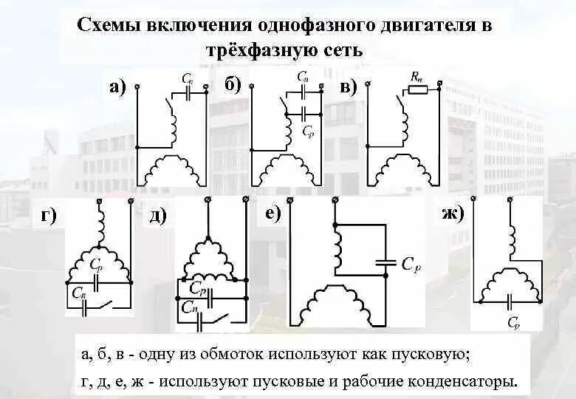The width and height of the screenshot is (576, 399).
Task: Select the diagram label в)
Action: [349, 87]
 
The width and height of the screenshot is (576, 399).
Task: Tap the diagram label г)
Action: [49, 216]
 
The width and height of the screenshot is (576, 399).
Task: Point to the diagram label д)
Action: [158, 216]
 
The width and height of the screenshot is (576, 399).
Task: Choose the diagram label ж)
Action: [451, 215]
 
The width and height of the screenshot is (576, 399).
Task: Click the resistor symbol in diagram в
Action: [417, 91]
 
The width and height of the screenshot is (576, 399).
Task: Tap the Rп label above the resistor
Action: [417, 76]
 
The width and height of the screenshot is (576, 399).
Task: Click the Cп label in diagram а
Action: [187, 77]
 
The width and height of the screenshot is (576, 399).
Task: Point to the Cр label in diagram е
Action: [411, 262]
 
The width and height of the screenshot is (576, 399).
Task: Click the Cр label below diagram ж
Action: [514, 323]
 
